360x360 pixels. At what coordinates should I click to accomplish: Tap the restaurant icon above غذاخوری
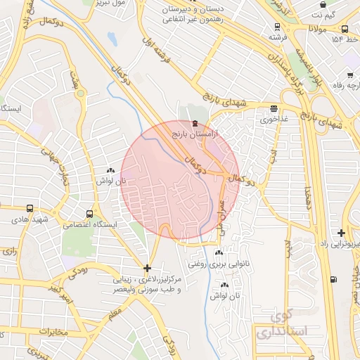click(x=274, y=108)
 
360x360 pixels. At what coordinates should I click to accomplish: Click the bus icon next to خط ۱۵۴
click(x=345, y=30)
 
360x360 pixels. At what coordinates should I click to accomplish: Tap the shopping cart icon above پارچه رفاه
click(x=349, y=74)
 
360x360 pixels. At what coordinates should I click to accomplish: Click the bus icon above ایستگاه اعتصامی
click(x=89, y=214)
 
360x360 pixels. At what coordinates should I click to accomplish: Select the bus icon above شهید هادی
click(x=29, y=209)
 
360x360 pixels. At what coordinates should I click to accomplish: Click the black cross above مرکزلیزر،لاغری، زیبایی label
click(x=146, y=268)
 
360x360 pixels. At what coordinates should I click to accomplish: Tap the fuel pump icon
click(x=333, y=280)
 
